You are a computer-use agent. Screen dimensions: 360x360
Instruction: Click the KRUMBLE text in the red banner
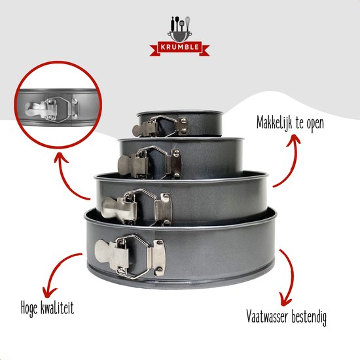179,47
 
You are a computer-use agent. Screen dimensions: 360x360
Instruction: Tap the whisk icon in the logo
187,23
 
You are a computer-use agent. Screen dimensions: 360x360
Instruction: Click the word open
315,124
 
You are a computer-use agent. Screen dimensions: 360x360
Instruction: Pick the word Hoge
29,308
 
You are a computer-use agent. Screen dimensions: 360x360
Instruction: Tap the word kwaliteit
57,307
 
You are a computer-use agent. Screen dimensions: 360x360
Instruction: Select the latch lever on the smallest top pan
144,129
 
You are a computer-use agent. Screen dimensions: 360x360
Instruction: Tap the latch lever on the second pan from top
132,164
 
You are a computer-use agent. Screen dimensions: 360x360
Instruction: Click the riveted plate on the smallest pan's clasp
183,126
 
